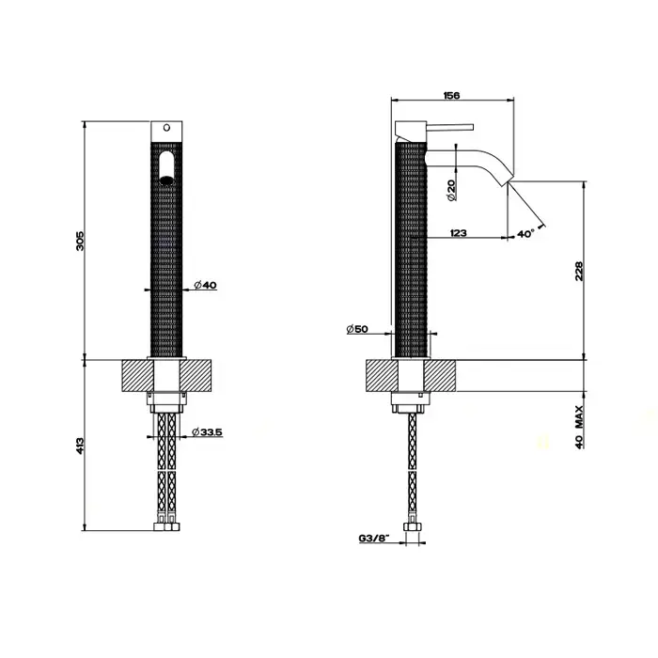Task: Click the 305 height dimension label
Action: [x=80, y=241]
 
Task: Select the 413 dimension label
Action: [x=80, y=446]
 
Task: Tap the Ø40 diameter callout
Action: [x=205, y=286]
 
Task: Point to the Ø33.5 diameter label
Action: [x=207, y=431]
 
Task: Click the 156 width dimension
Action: [x=451, y=95]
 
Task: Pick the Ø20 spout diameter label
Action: [x=451, y=190]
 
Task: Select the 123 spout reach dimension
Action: [x=459, y=233]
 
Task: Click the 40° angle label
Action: [x=525, y=234]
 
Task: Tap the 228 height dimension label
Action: [x=579, y=271]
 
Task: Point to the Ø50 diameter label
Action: [x=357, y=329]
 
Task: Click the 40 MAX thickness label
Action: [x=580, y=427]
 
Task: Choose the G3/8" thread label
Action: [x=374, y=538]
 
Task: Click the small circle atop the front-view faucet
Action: [x=166, y=127]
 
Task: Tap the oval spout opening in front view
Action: [x=166, y=168]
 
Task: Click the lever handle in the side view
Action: [x=450, y=127]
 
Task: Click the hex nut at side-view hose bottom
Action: [x=412, y=527]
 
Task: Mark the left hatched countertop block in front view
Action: [x=138, y=376]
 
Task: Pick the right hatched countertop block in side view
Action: [x=439, y=376]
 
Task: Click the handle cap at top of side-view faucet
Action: [x=411, y=132]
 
